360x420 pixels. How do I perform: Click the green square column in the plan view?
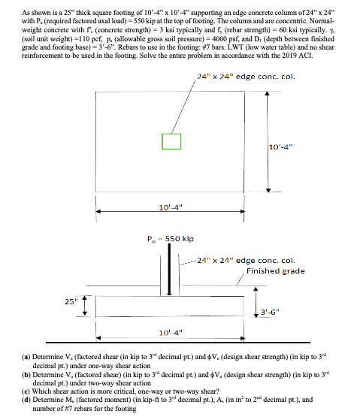(171, 141)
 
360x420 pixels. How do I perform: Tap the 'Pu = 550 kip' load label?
(170, 239)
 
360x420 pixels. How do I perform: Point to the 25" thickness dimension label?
(68, 302)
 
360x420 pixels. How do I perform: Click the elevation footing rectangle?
(171, 305)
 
